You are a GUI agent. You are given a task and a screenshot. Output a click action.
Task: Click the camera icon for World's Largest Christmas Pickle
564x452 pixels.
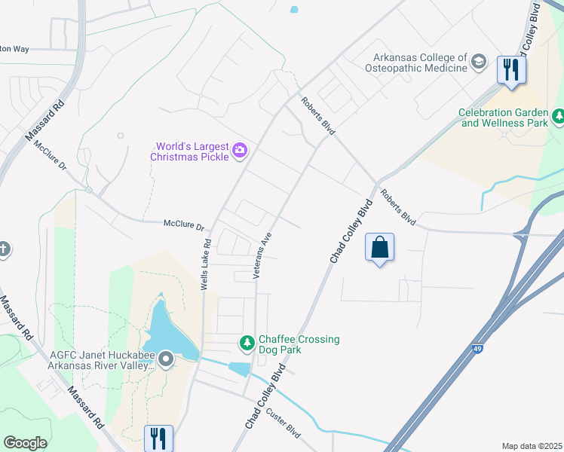tap(240, 151)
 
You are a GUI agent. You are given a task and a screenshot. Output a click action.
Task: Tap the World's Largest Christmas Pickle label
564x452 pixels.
tap(192, 151)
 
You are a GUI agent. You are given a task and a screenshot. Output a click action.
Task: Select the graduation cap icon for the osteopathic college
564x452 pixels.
tap(478, 63)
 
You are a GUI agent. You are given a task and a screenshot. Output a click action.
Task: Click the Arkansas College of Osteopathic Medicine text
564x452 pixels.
tap(421, 63)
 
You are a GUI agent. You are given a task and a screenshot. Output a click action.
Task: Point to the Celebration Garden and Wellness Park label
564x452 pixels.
tap(503, 118)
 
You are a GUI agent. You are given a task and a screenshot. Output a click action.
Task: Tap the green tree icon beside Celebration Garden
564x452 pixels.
tap(559, 117)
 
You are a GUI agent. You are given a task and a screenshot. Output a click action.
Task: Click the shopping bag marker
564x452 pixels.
tap(379, 248)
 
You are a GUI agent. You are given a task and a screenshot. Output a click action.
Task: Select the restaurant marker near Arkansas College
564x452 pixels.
tap(511, 71)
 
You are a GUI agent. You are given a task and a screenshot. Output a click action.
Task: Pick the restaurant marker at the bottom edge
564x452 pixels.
tap(158, 438)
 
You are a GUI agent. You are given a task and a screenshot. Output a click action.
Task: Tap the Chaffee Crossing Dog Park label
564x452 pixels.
tap(299, 344)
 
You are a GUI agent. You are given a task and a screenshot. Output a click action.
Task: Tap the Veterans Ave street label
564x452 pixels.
tap(262, 255)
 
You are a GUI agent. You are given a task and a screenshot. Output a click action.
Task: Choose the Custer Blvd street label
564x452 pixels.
tap(283, 424)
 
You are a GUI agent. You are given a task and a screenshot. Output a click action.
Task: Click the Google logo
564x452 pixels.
tap(25, 443)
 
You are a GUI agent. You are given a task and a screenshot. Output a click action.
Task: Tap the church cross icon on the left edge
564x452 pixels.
tap(4, 249)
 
